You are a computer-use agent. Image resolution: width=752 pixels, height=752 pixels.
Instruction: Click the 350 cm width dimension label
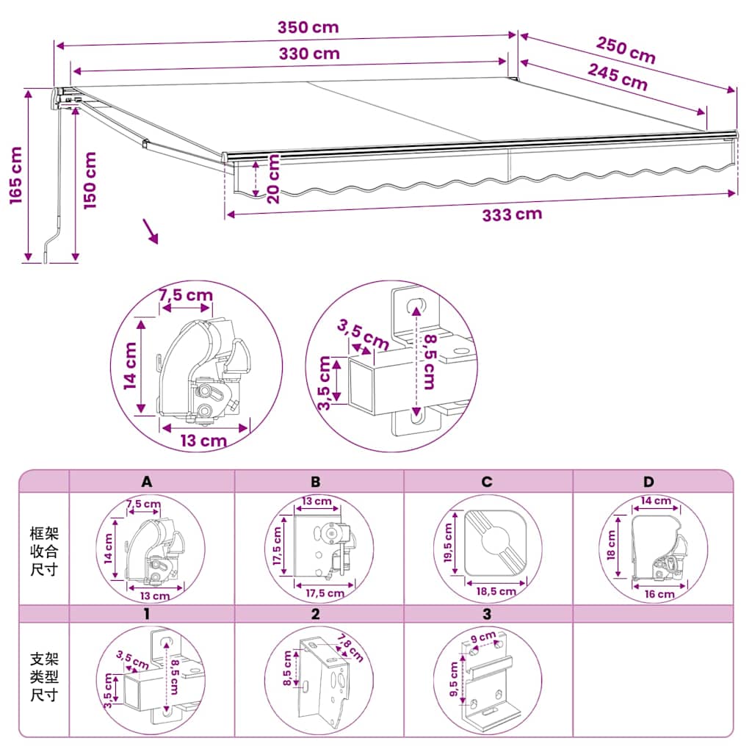(x=308, y=27)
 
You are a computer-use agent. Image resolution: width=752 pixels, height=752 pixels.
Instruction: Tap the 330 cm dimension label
(x=309, y=54)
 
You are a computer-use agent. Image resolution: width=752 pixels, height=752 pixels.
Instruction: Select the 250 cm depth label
(x=626, y=50)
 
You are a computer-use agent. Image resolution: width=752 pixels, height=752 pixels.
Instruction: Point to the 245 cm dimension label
(x=618, y=76)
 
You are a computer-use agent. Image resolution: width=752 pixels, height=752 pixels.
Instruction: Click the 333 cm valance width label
(x=512, y=214)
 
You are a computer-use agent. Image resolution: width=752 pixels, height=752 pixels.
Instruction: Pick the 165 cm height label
(x=16, y=176)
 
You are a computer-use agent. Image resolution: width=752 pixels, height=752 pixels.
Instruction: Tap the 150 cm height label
(x=90, y=181)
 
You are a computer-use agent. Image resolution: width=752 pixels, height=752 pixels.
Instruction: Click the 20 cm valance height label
(x=272, y=179)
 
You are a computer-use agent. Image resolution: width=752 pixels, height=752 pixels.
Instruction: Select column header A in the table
(x=147, y=482)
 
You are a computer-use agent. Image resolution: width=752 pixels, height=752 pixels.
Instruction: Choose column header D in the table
(x=648, y=482)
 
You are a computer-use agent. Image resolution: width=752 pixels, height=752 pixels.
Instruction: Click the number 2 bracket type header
(x=315, y=614)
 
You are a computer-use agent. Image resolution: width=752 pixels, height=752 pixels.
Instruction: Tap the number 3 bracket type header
(x=487, y=614)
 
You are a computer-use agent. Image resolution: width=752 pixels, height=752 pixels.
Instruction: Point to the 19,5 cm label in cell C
(x=448, y=543)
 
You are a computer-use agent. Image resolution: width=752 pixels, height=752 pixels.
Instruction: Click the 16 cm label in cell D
(x=659, y=594)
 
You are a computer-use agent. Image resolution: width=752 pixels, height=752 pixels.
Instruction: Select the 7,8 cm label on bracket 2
(x=350, y=648)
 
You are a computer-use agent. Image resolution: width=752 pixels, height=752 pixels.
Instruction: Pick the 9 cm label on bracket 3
(x=483, y=637)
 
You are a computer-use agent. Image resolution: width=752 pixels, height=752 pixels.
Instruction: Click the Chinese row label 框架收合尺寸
(x=44, y=551)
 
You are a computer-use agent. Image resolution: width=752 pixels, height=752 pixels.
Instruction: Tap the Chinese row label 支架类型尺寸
(x=44, y=676)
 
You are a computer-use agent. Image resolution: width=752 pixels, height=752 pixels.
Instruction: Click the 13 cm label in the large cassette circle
(x=203, y=441)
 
